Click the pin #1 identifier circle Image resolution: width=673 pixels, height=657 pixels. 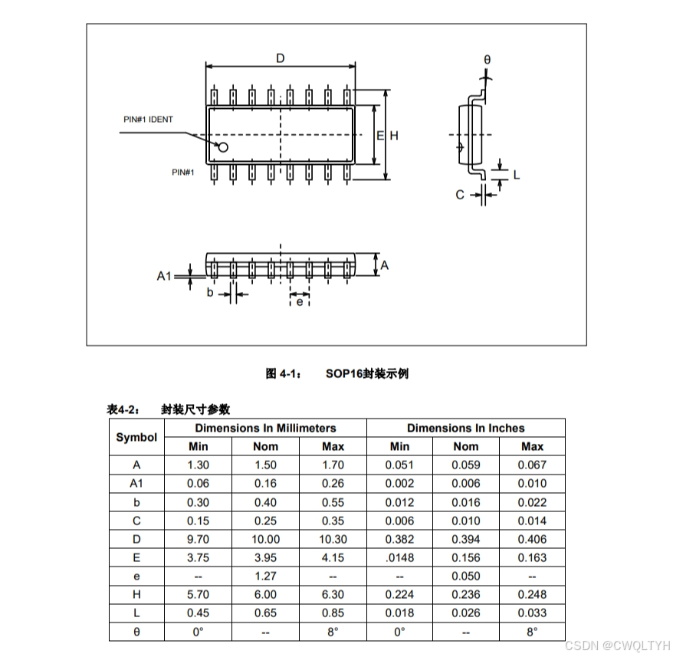point(224,146)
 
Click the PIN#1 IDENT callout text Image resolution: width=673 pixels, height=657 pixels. point(148,120)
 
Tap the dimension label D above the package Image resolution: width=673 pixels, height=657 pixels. point(281,58)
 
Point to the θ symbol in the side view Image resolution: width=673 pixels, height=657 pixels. point(487,59)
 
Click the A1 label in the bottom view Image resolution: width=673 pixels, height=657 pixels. point(164,275)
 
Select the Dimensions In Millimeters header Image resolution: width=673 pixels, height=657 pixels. point(265,428)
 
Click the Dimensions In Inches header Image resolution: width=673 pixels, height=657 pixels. point(465,428)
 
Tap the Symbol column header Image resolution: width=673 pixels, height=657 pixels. point(136,437)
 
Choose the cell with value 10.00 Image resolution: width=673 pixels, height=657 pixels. point(266,539)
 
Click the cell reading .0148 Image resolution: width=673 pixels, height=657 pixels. point(399,557)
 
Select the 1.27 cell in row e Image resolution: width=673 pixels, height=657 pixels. point(266,576)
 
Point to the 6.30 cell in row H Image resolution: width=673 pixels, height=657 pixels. point(333,594)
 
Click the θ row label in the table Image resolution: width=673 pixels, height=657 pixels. point(136,632)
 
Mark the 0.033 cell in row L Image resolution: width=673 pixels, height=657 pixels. point(532,613)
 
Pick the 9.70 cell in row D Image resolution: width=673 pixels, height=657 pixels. point(199,539)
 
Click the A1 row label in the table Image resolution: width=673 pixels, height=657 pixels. point(136,483)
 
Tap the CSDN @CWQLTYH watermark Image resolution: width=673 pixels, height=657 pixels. point(618,646)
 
